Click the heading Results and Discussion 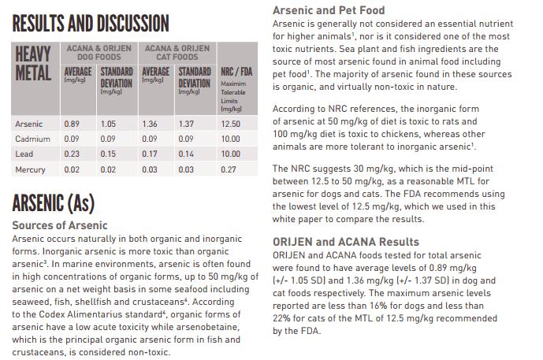pyautogui.click(x=90, y=22)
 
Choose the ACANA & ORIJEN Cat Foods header pyautogui.click(x=177, y=52)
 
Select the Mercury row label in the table pyautogui.click(x=31, y=169)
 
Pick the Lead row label pyautogui.click(x=24, y=154)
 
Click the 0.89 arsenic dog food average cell pyautogui.click(x=72, y=124)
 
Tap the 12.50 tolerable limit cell pyautogui.click(x=230, y=124)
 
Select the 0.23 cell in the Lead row pyautogui.click(x=72, y=154)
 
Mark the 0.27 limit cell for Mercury pyautogui.click(x=230, y=169)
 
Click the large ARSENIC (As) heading pyautogui.click(x=53, y=203)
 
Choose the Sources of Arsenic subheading pyautogui.click(x=59, y=225)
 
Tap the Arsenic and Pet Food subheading pyautogui.click(x=329, y=11)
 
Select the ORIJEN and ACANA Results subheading pyautogui.click(x=345, y=242)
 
